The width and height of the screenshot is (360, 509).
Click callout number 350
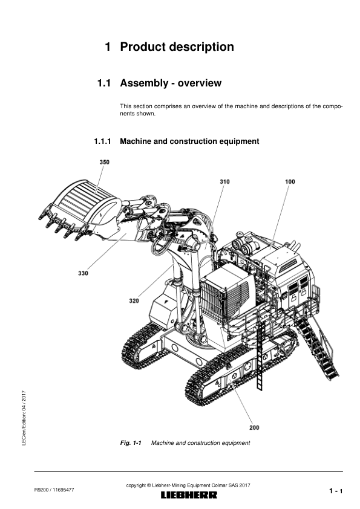tap(104, 162)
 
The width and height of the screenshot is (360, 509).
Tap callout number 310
tap(224, 181)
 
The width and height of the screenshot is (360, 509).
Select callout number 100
tap(290, 181)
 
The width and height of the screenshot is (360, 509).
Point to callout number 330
tap(83, 273)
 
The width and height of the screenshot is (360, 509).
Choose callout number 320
tap(134, 301)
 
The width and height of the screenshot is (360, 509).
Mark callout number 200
tap(254, 427)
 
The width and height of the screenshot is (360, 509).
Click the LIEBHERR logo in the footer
tap(189, 495)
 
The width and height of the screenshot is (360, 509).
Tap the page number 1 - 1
tap(336, 491)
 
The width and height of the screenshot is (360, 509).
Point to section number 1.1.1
tap(102, 141)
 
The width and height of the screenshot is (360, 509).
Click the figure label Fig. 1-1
tap(131, 443)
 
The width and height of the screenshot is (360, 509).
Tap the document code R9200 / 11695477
tap(54, 490)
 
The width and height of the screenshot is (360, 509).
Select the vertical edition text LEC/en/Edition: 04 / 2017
tap(24, 418)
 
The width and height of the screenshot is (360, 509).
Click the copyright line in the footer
tap(188, 485)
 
